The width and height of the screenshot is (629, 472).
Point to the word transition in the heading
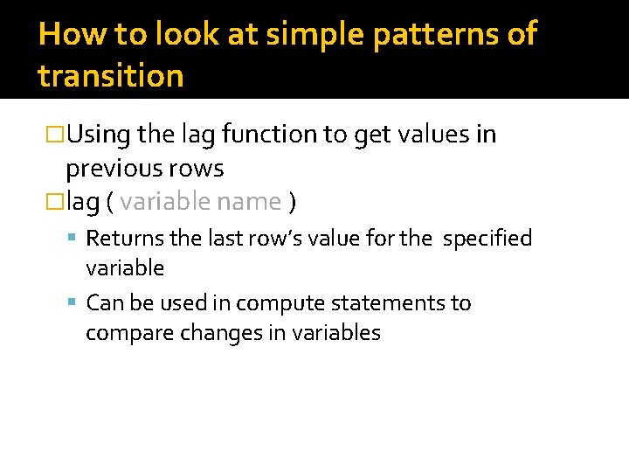[x=111, y=76]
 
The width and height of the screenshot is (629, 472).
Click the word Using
[x=99, y=135]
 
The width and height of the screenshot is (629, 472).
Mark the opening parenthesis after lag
[x=110, y=202]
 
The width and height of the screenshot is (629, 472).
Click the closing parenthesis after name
[x=293, y=202]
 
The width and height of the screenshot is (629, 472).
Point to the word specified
[x=487, y=239]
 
